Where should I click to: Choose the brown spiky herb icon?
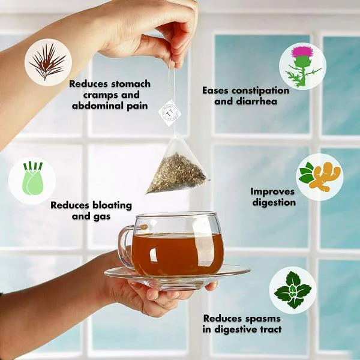[x=47, y=62]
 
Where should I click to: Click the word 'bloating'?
[x=102, y=205]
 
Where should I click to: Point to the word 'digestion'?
[x=273, y=202]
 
